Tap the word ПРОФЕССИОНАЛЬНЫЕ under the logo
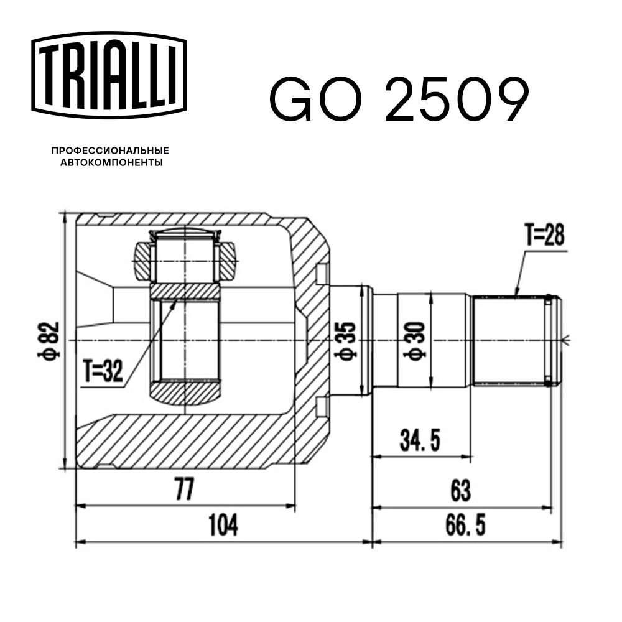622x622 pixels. [110, 151]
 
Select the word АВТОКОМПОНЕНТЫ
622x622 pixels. [110, 163]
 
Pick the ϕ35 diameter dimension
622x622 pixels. [346, 341]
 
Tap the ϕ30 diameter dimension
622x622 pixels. [415, 341]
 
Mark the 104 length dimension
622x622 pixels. [222, 526]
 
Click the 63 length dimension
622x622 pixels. [460, 491]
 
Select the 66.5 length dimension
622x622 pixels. [460, 526]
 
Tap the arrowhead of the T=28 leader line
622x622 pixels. [516, 292]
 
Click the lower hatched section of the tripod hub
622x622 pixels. [185, 392]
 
